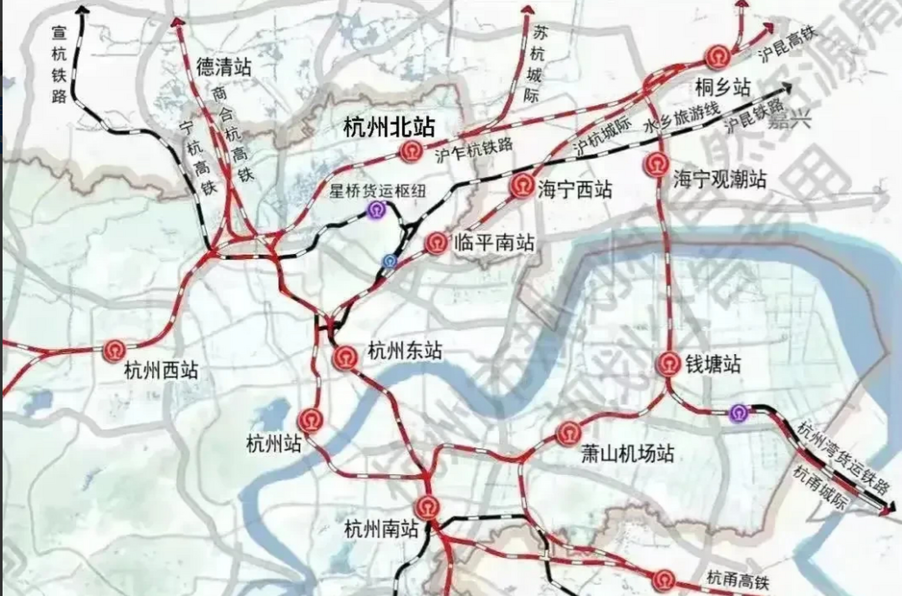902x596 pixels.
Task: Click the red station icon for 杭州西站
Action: click(x=115, y=352)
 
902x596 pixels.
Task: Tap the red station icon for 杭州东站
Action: click(x=345, y=358)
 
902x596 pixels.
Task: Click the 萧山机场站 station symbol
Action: click(x=569, y=433)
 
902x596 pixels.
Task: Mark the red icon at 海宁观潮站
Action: click(x=657, y=164)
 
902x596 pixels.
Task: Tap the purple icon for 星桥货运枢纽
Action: click(x=376, y=210)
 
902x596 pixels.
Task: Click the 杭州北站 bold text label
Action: click(x=389, y=127)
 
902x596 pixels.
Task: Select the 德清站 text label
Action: click(x=224, y=67)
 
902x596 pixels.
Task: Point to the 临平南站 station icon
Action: click(x=437, y=243)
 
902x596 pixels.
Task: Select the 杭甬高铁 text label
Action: click(x=737, y=580)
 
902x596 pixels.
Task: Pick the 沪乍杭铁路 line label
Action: click(x=474, y=150)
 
